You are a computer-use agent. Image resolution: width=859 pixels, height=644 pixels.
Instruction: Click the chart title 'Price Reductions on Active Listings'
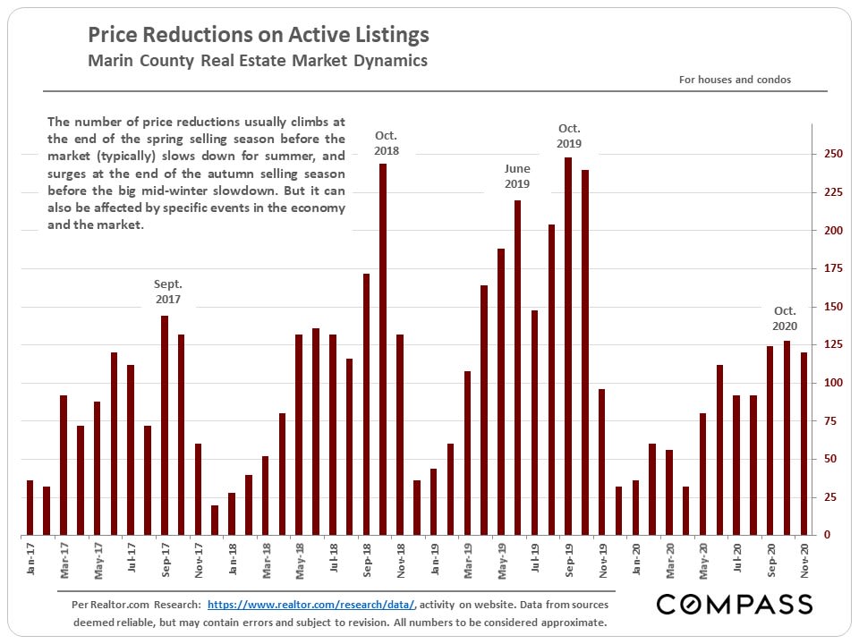click(258, 36)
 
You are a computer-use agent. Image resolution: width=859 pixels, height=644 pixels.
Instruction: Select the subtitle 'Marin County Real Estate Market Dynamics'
click(258, 61)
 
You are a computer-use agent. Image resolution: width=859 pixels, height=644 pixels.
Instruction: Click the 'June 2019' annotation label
click(517, 176)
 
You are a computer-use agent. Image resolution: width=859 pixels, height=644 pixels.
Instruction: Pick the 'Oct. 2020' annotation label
click(785, 318)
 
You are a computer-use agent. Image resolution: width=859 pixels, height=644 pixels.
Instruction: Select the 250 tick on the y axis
click(833, 154)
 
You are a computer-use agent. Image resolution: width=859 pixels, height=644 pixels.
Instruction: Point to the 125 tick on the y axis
click(833, 344)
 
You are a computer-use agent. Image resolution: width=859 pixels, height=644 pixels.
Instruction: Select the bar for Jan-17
click(30, 507)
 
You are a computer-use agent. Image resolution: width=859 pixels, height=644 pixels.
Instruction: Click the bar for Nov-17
click(198, 489)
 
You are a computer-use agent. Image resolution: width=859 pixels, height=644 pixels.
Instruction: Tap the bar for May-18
click(299, 435)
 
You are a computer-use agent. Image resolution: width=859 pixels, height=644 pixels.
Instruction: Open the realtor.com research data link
click(312, 605)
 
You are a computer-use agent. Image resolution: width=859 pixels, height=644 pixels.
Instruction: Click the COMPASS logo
click(735, 605)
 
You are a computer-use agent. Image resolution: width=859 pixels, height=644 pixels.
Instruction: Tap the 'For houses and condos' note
click(735, 80)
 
